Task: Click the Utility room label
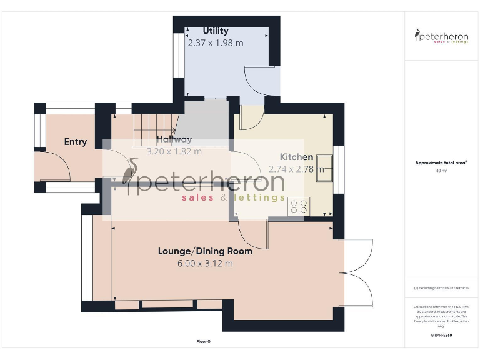coord(216,31)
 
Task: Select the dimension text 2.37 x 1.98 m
coord(216,43)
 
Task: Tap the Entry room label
coord(76,142)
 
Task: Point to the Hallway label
coord(174,139)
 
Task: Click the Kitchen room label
coord(296,157)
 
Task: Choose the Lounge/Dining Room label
coord(205,251)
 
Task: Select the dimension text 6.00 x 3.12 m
coord(205,264)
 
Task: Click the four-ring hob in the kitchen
coord(299,206)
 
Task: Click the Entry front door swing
coord(53,165)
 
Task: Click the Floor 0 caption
coord(203,342)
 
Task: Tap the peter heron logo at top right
coord(442,36)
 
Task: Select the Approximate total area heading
coord(441,162)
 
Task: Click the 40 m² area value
coord(441,170)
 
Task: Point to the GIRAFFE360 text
coord(441,336)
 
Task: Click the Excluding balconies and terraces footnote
coord(441,288)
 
